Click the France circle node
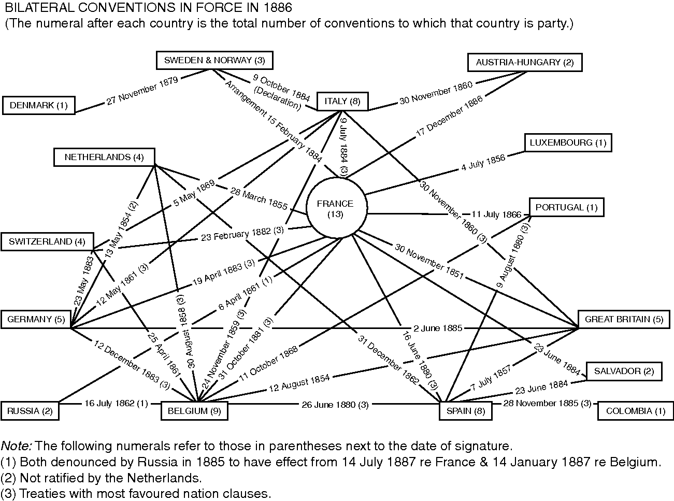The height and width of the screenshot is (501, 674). [336, 208]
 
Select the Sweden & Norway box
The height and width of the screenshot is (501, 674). [214, 60]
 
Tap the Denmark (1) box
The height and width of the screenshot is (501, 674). [39, 106]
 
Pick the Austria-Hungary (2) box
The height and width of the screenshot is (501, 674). [524, 63]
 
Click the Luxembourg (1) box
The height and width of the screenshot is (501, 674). [567, 142]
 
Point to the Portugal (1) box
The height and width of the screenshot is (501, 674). [566, 207]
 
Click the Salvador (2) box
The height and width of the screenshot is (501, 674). [624, 371]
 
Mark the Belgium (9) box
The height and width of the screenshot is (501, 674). [194, 411]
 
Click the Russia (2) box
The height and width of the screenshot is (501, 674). [30, 411]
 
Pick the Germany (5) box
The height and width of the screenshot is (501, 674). [36, 319]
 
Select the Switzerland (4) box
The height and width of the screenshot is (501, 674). [47, 242]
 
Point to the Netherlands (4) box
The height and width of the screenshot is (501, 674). [104, 157]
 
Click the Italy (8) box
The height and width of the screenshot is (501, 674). [342, 101]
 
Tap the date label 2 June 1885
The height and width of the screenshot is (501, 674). [438, 328]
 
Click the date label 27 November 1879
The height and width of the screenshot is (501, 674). [142, 91]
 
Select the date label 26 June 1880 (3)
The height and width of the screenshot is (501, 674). [335, 405]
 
